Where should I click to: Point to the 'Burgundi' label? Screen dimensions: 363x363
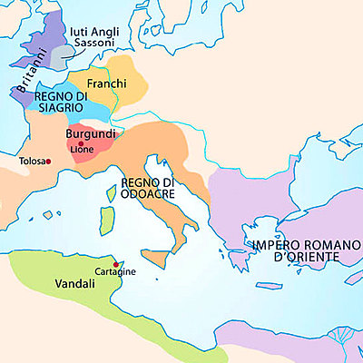point(91,133)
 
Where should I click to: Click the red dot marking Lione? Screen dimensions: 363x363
point(81,143)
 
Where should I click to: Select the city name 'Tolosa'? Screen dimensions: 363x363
point(31,162)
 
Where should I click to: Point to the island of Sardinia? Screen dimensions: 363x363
point(107,219)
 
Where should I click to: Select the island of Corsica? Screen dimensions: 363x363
point(110,191)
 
